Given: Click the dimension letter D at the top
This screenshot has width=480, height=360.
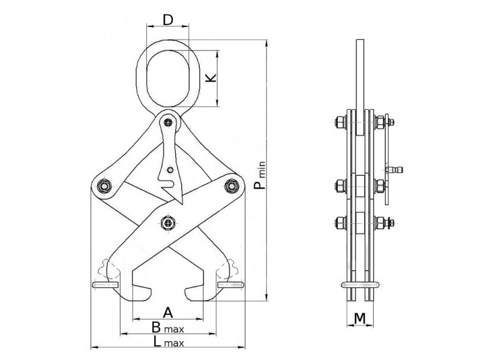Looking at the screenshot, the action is [168, 20].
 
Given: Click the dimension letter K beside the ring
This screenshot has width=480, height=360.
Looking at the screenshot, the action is [211, 77].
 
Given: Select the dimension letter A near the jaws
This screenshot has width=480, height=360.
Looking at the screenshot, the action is [168, 313].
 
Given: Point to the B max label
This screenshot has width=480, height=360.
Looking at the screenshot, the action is [168, 328].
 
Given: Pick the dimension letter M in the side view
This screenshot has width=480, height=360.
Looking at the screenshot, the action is [360, 319].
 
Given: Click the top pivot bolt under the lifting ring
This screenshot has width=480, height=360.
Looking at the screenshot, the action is [168, 122].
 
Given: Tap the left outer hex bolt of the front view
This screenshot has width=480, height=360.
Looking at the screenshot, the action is [104, 186].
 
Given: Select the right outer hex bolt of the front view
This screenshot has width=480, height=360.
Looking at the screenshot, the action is [232, 186].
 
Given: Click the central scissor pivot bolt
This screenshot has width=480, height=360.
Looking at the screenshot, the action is [168, 222].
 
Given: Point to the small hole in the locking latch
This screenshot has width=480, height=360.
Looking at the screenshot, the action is [170, 169].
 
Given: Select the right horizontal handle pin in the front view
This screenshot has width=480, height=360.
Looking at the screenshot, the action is [231, 284].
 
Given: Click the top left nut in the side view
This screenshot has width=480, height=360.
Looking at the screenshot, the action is [341, 122].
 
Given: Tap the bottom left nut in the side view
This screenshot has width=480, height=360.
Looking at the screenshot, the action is [341, 223].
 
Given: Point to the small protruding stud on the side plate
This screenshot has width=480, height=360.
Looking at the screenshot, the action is [395, 169].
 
